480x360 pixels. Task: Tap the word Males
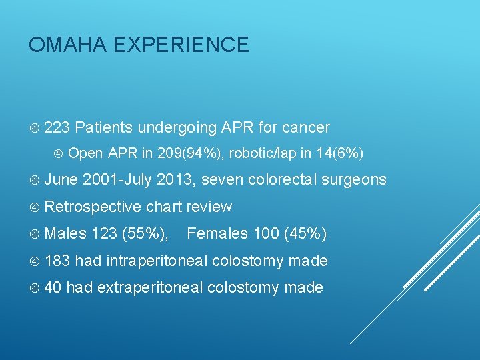[65, 234]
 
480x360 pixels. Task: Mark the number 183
[57, 261]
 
